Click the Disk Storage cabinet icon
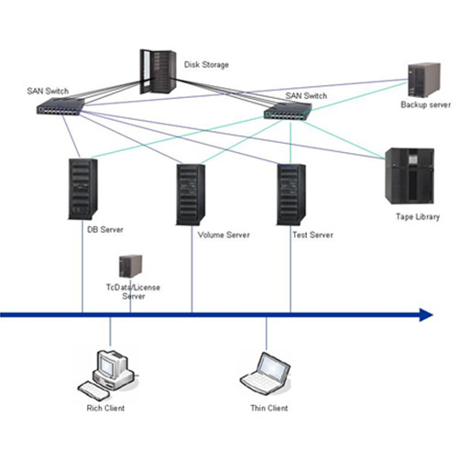click(x=158, y=71)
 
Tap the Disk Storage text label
click(x=206, y=65)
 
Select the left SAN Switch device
click(x=60, y=106)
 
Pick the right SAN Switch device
click(x=288, y=111)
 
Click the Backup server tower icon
click(x=424, y=80)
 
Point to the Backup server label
click(x=426, y=105)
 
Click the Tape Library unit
click(x=409, y=176)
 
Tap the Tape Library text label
click(x=418, y=217)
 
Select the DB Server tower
click(x=82, y=190)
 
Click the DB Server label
click(x=105, y=230)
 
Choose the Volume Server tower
click(x=191, y=195)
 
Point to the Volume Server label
click(x=224, y=234)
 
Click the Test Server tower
click(x=291, y=195)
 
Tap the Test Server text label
click(x=312, y=234)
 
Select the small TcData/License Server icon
click(x=131, y=267)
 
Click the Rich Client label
click(x=105, y=409)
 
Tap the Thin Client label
click(x=269, y=409)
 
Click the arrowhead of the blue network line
click(x=426, y=315)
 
